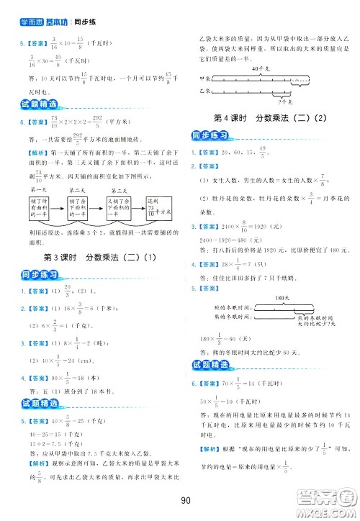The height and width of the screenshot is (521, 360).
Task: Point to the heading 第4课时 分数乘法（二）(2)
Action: (271, 117)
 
